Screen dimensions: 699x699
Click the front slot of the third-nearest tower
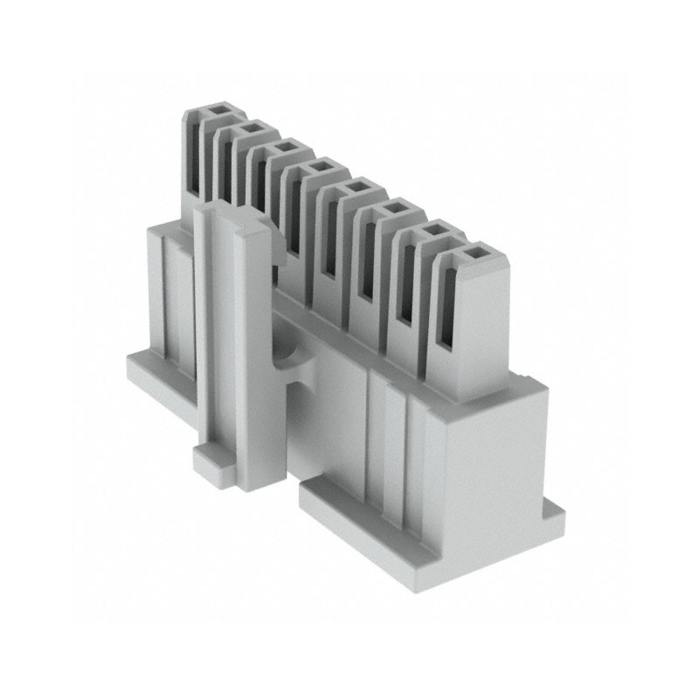coord(368,262)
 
